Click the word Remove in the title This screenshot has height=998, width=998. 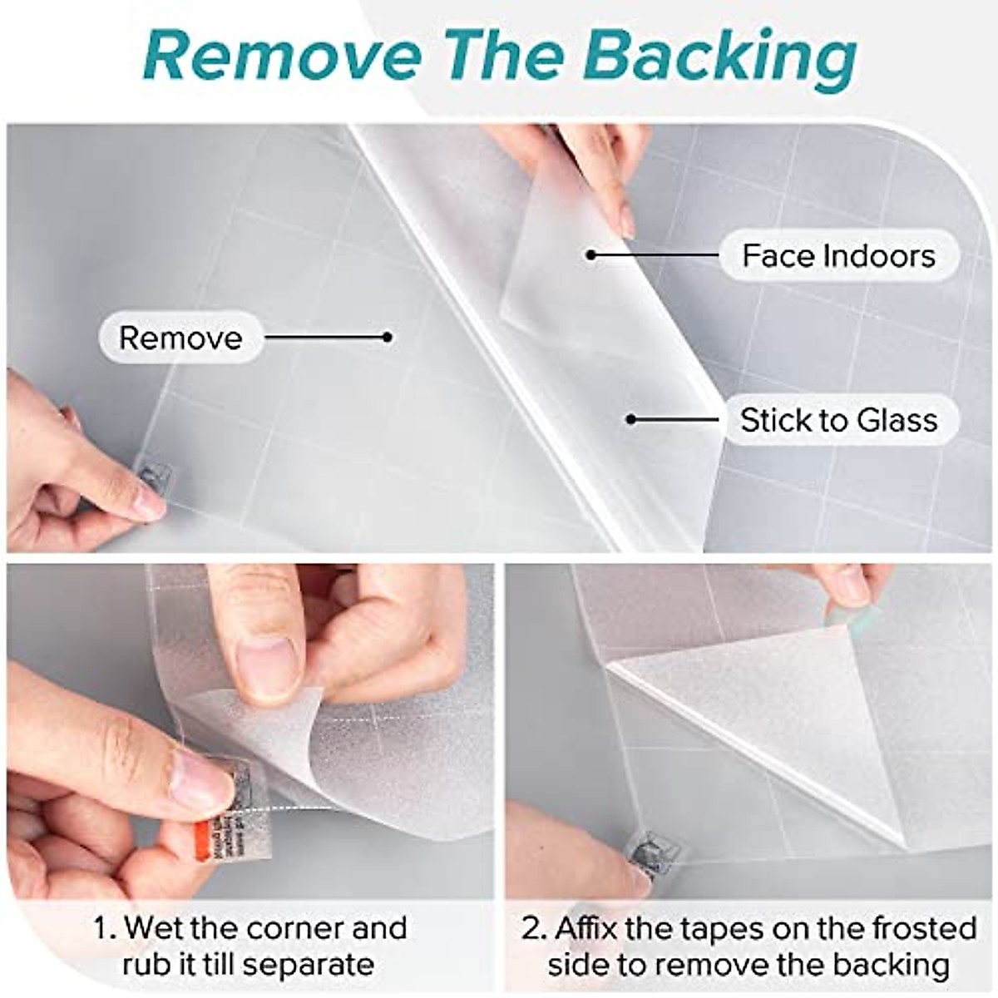(x=283, y=57)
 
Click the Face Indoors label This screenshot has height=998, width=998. (x=838, y=255)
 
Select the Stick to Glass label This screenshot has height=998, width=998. (x=838, y=420)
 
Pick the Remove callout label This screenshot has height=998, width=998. (x=180, y=338)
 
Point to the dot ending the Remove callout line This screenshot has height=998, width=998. (x=388, y=337)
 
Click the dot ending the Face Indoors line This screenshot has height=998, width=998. (x=590, y=254)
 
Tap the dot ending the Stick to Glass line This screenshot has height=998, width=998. (x=631, y=419)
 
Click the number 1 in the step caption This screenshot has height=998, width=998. (x=101, y=928)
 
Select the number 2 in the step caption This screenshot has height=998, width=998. (x=531, y=928)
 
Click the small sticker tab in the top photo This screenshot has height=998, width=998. (x=156, y=479)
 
